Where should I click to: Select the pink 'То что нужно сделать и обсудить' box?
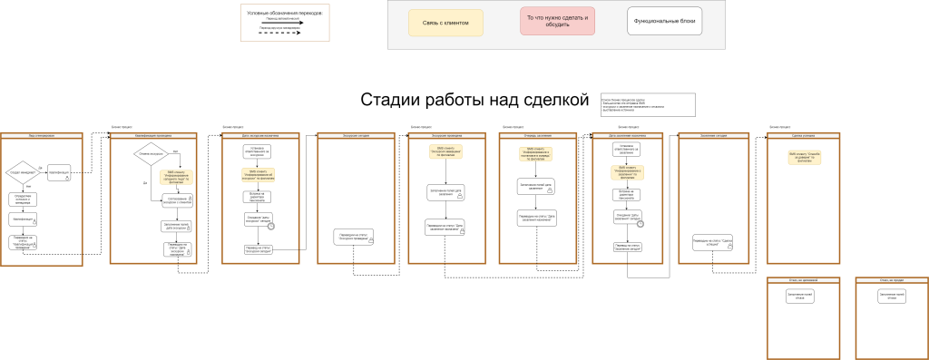click(x=557, y=22)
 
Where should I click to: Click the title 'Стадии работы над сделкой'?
click(x=474, y=101)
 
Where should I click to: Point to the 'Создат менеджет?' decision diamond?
click(x=22, y=170)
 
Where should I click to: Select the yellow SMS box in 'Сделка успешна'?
click(x=799, y=157)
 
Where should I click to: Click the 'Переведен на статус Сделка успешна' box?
click(x=711, y=242)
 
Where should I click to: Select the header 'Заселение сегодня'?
click(x=712, y=135)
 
